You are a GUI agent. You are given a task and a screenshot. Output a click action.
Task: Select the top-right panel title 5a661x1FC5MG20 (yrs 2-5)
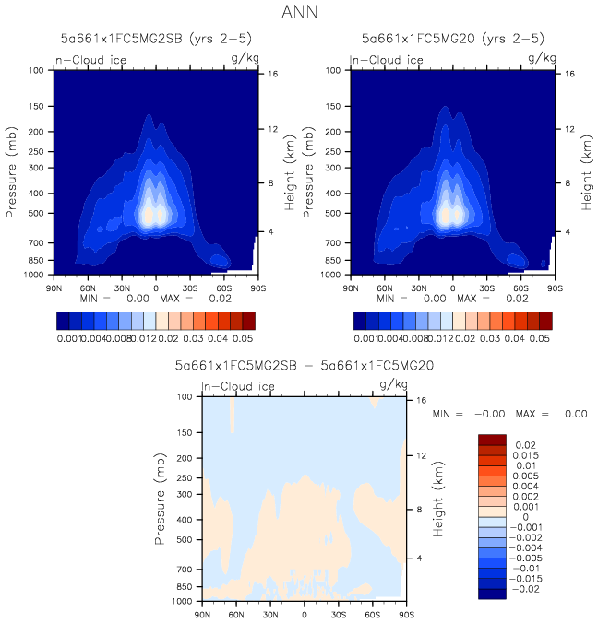click(451, 39)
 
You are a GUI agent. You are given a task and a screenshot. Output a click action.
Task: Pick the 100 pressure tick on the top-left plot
click(38, 70)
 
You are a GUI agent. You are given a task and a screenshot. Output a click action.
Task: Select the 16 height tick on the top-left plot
click(273, 74)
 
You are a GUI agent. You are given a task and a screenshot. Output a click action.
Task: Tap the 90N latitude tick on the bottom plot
click(203, 612)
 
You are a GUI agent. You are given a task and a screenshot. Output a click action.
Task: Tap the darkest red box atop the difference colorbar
click(493, 439)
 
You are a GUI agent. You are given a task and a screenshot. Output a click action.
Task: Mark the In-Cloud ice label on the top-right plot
click(387, 61)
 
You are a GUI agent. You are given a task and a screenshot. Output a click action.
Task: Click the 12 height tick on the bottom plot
click(421, 455)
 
